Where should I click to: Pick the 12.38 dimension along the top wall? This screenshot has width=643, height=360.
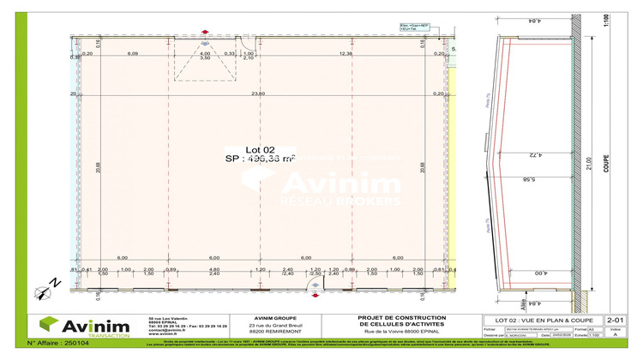pos(346,54)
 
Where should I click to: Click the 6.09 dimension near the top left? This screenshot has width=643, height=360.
pos(134,54)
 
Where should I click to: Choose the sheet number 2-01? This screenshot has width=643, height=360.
pos(615,318)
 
